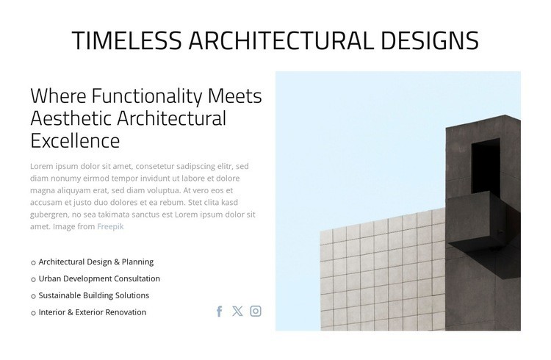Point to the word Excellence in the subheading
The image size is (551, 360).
(x=75, y=140)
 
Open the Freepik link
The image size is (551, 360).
(x=110, y=226)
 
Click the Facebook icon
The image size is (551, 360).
(x=219, y=311)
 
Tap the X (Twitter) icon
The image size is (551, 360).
(x=237, y=311)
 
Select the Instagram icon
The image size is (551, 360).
(x=256, y=311)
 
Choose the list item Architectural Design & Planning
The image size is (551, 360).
(x=96, y=262)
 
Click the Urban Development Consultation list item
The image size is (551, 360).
(x=99, y=278)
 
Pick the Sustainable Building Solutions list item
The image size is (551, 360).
(x=93, y=295)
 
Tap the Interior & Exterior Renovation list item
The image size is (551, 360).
(x=92, y=312)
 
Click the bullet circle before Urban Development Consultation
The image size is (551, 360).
(x=33, y=279)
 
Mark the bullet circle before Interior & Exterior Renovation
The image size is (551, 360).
(x=33, y=313)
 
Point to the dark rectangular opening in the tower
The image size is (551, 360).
(x=485, y=168)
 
